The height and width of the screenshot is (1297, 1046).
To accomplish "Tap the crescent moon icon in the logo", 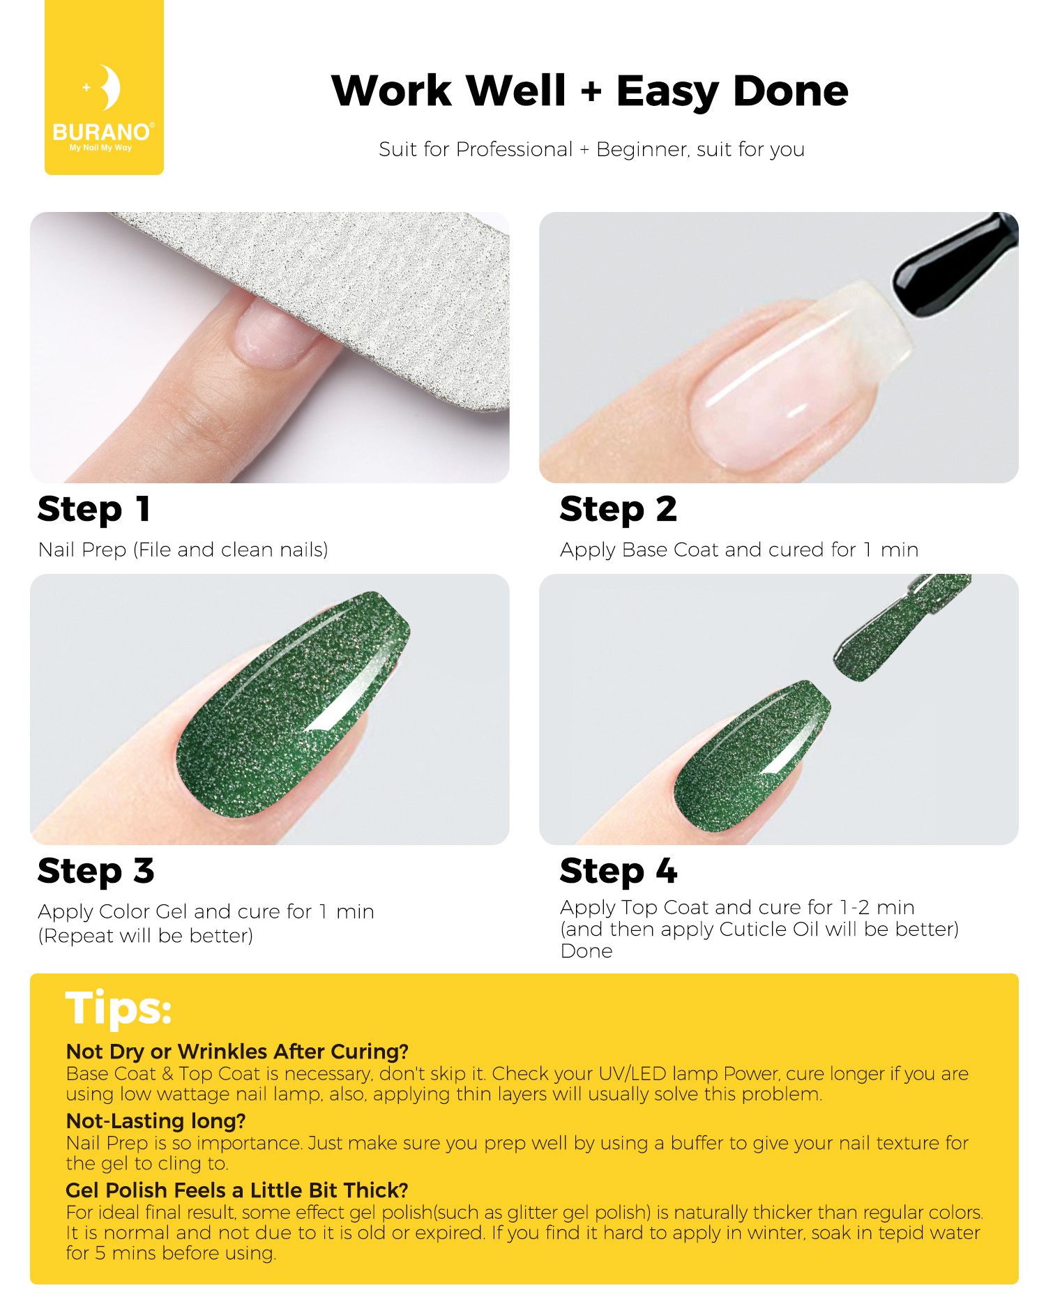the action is (x=109, y=87).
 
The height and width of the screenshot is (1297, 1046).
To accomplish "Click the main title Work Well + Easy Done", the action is (x=590, y=91).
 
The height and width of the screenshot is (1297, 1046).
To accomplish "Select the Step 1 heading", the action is (x=94, y=509).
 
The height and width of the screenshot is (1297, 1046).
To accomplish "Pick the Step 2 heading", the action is (x=619, y=509).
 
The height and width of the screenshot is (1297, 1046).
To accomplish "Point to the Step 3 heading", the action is (x=96, y=871).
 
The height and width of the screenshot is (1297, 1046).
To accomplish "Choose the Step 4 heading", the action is (x=619, y=871).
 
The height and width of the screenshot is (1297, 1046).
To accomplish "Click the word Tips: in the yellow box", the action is (x=119, y=1008).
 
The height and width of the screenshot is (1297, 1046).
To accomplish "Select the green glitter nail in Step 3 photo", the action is (x=293, y=704).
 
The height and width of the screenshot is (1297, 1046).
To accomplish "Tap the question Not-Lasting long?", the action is (x=156, y=1121).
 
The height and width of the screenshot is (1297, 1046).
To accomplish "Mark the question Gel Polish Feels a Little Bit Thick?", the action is (x=237, y=1190).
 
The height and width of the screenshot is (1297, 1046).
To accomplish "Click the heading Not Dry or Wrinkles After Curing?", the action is (x=237, y=1051).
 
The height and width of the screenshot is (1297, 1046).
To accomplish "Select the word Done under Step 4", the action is (x=586, y=951).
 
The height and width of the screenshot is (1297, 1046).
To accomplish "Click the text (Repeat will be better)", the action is (x=146, y=936).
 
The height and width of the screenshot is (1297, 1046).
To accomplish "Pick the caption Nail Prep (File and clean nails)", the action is (x=183, y=549).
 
